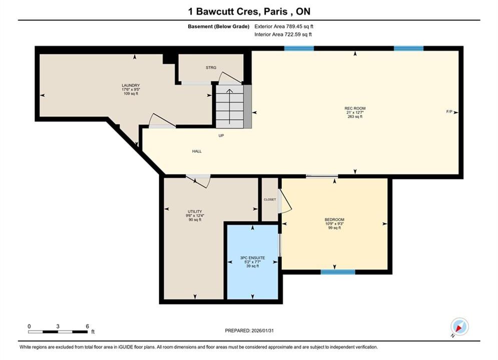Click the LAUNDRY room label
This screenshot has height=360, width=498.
[131, 85]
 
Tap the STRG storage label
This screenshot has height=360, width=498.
[211, 67]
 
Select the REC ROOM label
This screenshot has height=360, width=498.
[355, 108]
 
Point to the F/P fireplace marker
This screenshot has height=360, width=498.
[449, 111]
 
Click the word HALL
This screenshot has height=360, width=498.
[197, 151]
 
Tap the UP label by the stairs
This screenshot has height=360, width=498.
[221, 135]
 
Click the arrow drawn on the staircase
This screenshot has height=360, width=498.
[229, 106]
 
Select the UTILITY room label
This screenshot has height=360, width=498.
[195, 211]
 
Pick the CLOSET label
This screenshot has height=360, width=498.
[270, 199]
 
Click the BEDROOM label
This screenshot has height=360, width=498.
[334, 219]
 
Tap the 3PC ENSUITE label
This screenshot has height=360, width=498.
[252, 258]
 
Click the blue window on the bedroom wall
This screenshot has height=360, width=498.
[338, 272]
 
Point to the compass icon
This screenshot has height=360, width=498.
[459, 326]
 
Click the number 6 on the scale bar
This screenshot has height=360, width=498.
[88, 326]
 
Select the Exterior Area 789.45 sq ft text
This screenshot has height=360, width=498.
[284, 26]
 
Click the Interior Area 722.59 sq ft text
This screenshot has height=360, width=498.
[283, 34]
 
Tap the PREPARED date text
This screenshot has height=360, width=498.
[249, 330]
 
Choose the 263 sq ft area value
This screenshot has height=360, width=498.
[355, 116]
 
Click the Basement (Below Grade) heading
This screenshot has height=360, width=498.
[219, 26]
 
